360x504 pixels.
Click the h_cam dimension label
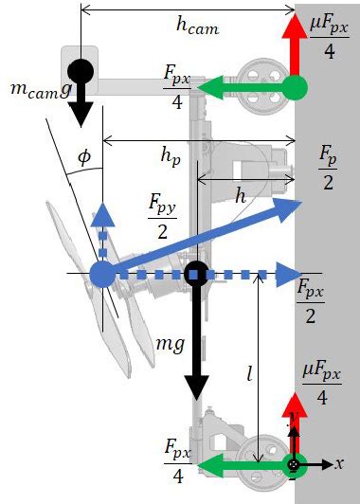[197, 27]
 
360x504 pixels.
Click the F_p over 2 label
[327, 168]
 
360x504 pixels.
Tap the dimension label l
[248, 374]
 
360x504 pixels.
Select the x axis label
[338, 463]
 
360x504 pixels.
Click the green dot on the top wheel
[296, 87]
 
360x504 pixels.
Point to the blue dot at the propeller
[101, 275]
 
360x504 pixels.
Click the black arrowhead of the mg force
[196, 386]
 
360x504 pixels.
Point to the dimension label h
[243, 195]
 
